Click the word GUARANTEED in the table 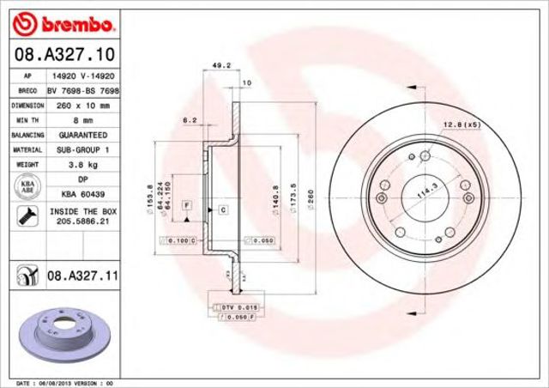pos(82,135)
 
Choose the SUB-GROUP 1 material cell pos(82,149)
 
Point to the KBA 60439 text pos(82,194)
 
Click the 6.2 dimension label pos(188,119)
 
